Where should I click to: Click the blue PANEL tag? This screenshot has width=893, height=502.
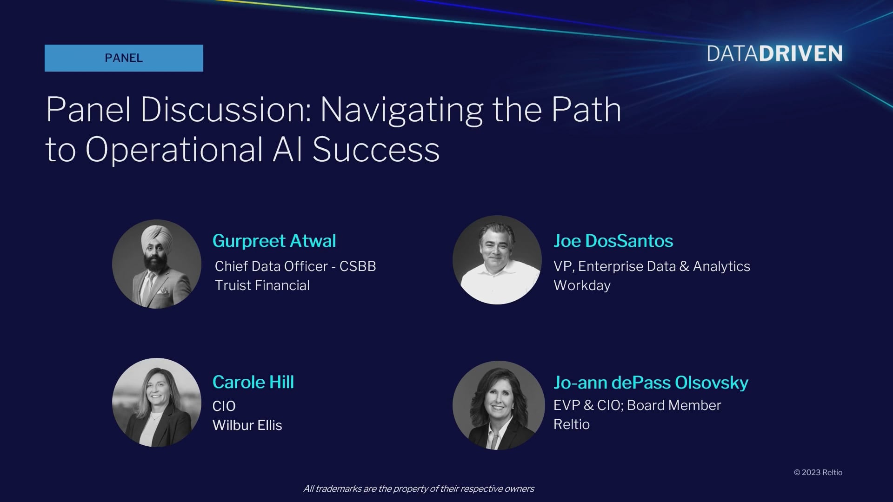point(124,58)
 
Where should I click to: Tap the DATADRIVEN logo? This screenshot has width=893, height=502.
point(775,54)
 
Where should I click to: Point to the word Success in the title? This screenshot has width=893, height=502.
point(376,150)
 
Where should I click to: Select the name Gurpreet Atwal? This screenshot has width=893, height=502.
point(274,241)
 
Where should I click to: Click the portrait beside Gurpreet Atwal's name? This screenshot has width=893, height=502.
point(157,264)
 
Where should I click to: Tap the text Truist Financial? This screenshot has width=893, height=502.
point(262,285)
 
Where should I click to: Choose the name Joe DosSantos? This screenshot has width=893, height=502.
point(613,241)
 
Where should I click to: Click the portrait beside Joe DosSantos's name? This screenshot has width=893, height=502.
point(497,260)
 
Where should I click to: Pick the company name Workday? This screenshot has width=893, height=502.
point(582,285)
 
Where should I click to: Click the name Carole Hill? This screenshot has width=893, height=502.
point(253,382)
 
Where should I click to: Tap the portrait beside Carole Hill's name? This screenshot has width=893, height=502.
point(157,403)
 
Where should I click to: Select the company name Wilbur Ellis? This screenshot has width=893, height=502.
point(247,425)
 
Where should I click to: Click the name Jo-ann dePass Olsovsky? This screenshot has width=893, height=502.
point(651,383)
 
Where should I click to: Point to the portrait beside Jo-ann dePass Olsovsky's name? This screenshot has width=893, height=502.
point(498,405)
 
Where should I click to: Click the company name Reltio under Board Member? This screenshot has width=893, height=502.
point(572,424)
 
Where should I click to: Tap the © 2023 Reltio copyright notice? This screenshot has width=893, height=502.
point(818,472)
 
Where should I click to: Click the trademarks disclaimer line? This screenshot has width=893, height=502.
point(419,489)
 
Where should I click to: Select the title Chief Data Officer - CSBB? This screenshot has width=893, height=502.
point(295,266)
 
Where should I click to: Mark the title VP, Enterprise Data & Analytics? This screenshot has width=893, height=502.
point(652,266)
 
